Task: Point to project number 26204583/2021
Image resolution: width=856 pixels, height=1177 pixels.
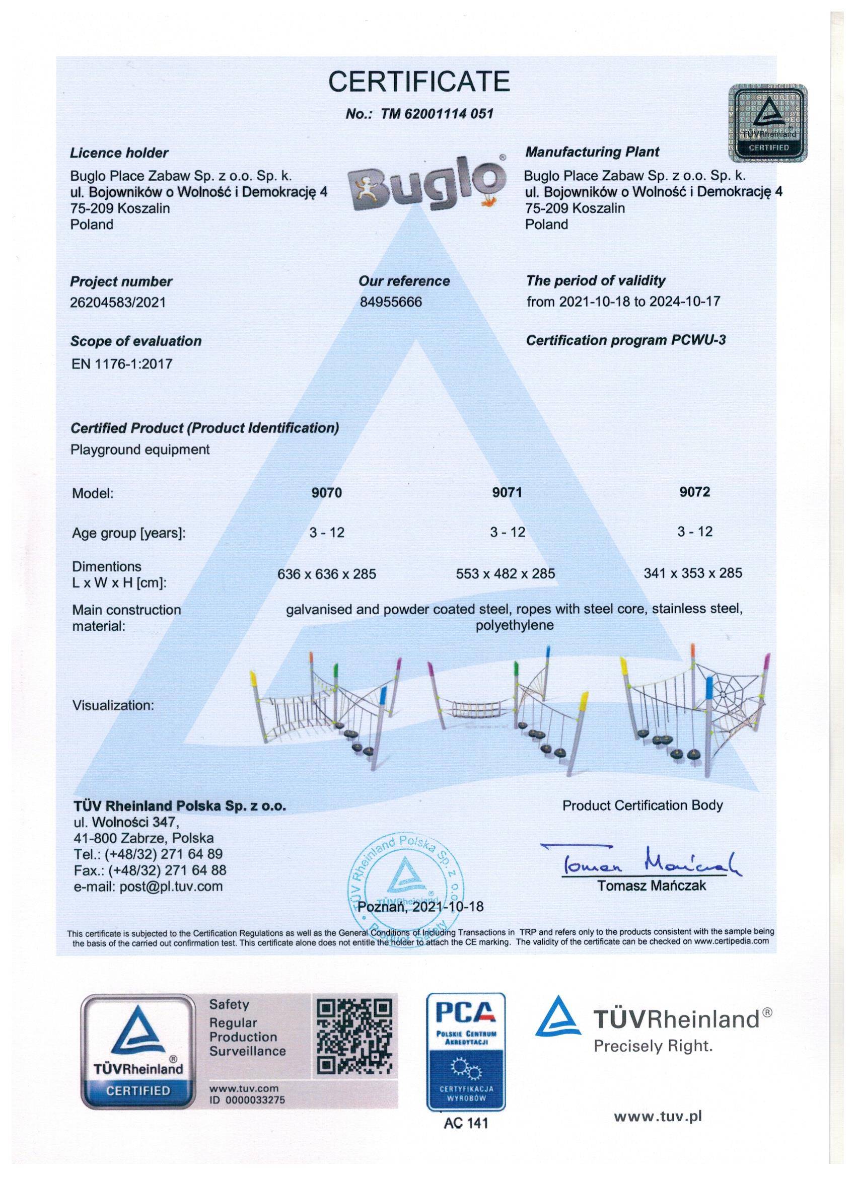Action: tap(118, 302)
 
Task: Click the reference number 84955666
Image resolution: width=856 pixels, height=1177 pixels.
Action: tap(391, 302)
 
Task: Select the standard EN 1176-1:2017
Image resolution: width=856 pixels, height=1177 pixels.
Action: tap(122, 363)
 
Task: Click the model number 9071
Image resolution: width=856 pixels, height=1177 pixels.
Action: tap(507, 492)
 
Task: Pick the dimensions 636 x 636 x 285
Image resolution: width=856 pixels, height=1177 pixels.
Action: tap(326, 574)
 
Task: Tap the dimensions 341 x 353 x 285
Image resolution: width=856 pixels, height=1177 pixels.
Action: tap(692, 573)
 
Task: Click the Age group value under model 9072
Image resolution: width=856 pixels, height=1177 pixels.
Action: tap(694, 532)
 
